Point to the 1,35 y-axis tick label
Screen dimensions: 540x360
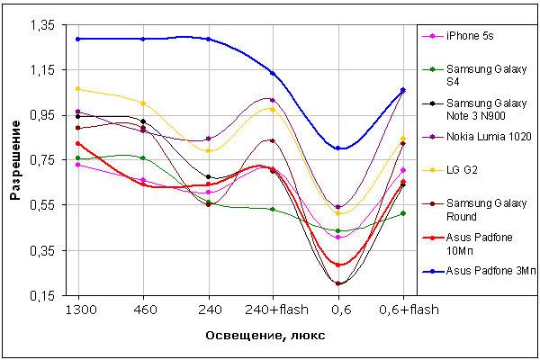click(x=43, y=25)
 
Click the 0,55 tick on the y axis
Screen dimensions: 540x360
click(x=43, y=205)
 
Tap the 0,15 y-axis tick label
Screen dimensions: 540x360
click(x=43, y=295)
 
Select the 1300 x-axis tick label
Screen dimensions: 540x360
click(x=81, y=310)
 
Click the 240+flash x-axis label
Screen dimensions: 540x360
click(x=276, y=310)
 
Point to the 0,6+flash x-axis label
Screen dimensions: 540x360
click(x=409, y=310)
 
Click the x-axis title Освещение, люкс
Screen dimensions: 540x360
click(x=265, y=335)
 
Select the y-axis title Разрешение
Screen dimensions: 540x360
click(x=15, y=160)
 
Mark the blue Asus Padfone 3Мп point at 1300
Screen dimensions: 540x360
click(x=77, y=39)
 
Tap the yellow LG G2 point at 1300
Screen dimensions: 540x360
click(x=77, y=89)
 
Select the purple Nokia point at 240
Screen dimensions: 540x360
click(x=209, y=139)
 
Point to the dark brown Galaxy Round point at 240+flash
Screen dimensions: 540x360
click(x=273, y=140)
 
